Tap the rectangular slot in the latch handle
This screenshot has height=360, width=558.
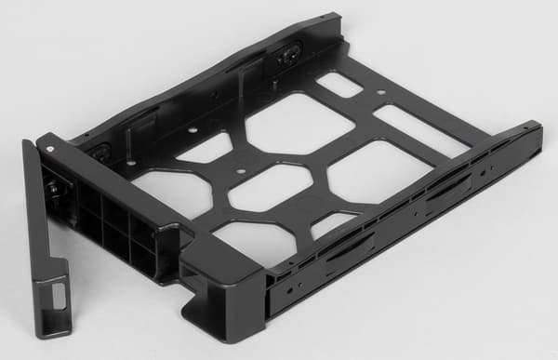point(58,296)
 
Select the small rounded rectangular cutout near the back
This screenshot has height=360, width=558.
point(339,85)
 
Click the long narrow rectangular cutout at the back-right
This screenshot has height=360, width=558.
point(421,129)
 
